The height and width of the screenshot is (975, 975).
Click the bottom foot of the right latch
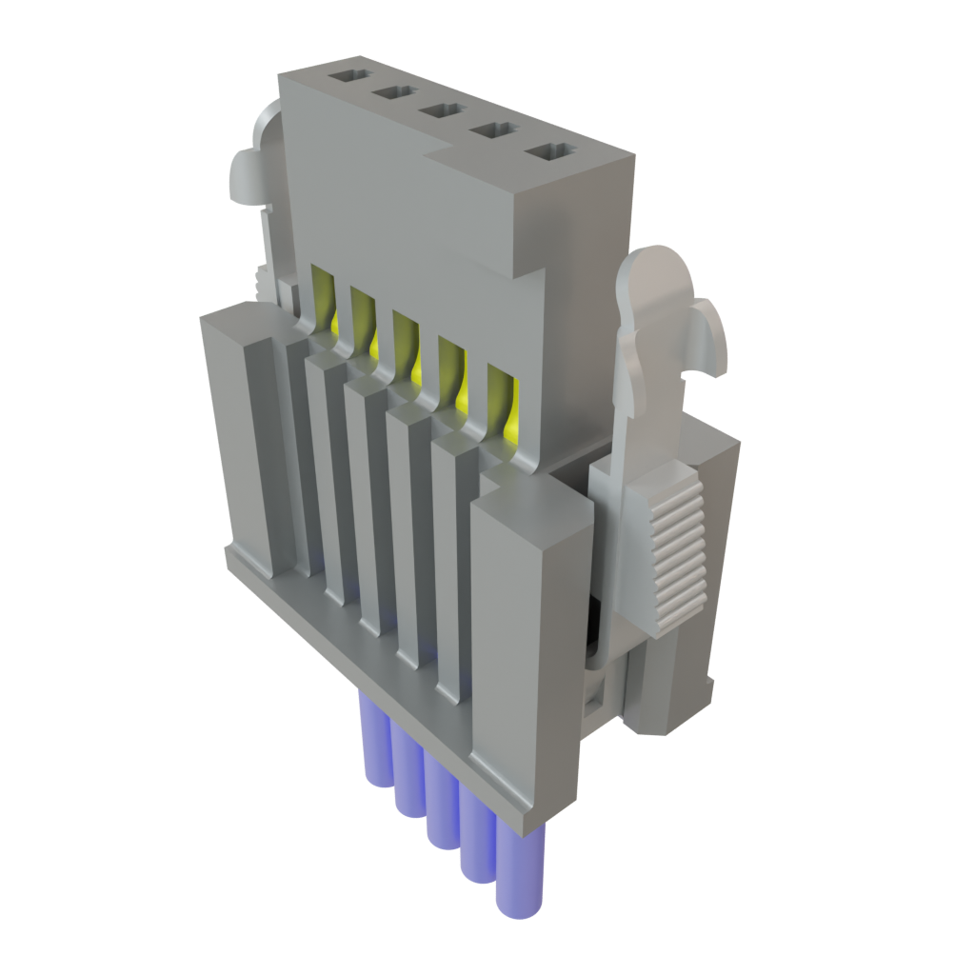click(x=667, y=695)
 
